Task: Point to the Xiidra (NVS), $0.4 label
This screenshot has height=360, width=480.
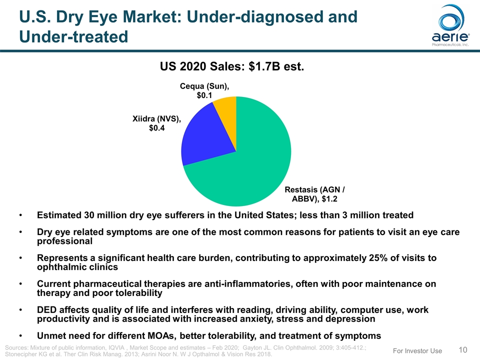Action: point(156,123)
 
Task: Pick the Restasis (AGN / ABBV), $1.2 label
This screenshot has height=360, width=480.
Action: point(315,194)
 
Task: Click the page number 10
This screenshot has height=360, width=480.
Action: point(464,349)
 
